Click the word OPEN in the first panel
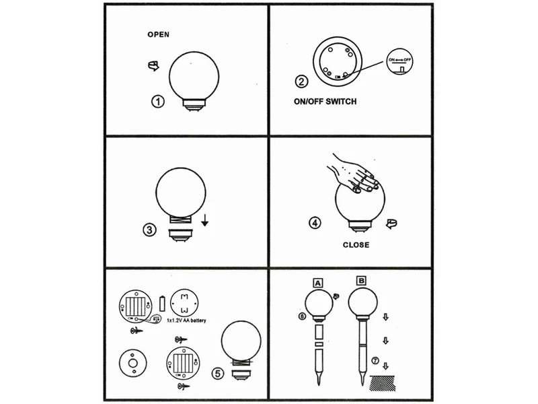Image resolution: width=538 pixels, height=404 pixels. (x=159, y=34)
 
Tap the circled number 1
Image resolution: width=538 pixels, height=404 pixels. (x=157, y=102)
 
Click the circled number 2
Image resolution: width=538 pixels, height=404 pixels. (x=302, y=82)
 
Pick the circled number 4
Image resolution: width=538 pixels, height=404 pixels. (x=314, y=222)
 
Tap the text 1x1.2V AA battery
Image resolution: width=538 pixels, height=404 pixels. (x=186, y=321)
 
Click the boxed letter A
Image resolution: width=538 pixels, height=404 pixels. (x=316, y=281)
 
